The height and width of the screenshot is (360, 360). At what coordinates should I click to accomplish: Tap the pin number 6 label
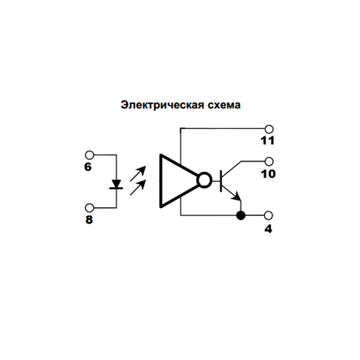point(88,167)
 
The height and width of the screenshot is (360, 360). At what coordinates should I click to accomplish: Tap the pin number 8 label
point(89,220)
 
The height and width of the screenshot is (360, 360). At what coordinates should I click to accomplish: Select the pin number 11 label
point(268,141)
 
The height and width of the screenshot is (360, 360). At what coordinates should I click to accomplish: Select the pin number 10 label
point(268,174)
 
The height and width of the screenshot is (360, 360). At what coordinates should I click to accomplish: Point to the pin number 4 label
point(268,229)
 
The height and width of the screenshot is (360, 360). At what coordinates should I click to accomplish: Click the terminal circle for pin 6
point(89,155)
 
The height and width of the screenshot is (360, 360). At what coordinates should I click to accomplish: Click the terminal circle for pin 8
point(89,208)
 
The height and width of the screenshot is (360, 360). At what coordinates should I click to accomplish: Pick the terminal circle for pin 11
point(269,129)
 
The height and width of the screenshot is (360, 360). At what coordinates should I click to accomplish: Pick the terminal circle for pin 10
point(269,161)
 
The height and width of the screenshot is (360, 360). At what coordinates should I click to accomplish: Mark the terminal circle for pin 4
point(269,215)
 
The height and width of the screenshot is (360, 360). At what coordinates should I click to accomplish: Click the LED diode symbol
point(116,184)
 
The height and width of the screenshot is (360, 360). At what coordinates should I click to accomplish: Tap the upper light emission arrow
point(138,173)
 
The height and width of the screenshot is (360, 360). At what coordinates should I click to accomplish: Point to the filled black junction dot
point(241,215)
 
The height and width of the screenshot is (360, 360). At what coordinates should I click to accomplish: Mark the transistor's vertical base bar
point(221,181)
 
